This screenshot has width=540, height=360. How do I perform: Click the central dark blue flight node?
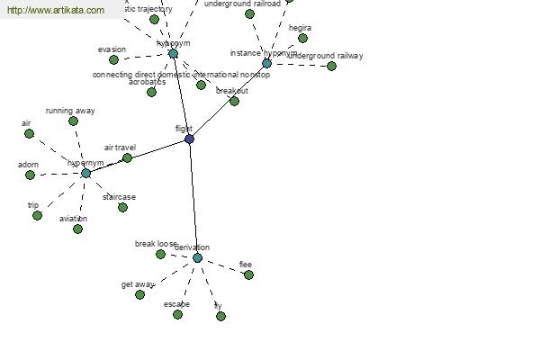(x=189, y=139)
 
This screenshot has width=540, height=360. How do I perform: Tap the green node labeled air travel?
(x=127, y=158)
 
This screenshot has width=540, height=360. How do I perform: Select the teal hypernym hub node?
(x=86, y=173)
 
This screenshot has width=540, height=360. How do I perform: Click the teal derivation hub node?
(x=197, y=258)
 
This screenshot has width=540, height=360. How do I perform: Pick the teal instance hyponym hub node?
(x=266, y=64)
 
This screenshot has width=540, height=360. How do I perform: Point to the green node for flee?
(x=248, y=275)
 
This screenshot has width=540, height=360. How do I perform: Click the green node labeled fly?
(x=220, y=316)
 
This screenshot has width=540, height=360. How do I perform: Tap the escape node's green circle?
(x=177, y=314)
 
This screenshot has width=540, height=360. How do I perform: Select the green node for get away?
(x=139, y=294)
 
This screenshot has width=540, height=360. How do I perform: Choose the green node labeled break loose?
(x=160, y=255)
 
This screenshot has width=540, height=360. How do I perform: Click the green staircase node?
(x=122, y=208)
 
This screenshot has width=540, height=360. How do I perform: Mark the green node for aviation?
(x=77, y=229)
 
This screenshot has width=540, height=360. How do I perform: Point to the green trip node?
(x=37, y=216)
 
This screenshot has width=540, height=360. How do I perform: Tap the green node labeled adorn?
(x=30, y=175)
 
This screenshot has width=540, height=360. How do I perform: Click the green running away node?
(x=73, y=121)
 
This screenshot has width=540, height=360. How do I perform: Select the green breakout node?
(x=234, y=102)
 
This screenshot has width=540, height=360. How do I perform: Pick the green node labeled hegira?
(x=302, y=39)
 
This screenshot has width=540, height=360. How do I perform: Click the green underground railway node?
(x=331, y=67)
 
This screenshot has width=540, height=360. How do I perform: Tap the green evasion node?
(x=113, y=60)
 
